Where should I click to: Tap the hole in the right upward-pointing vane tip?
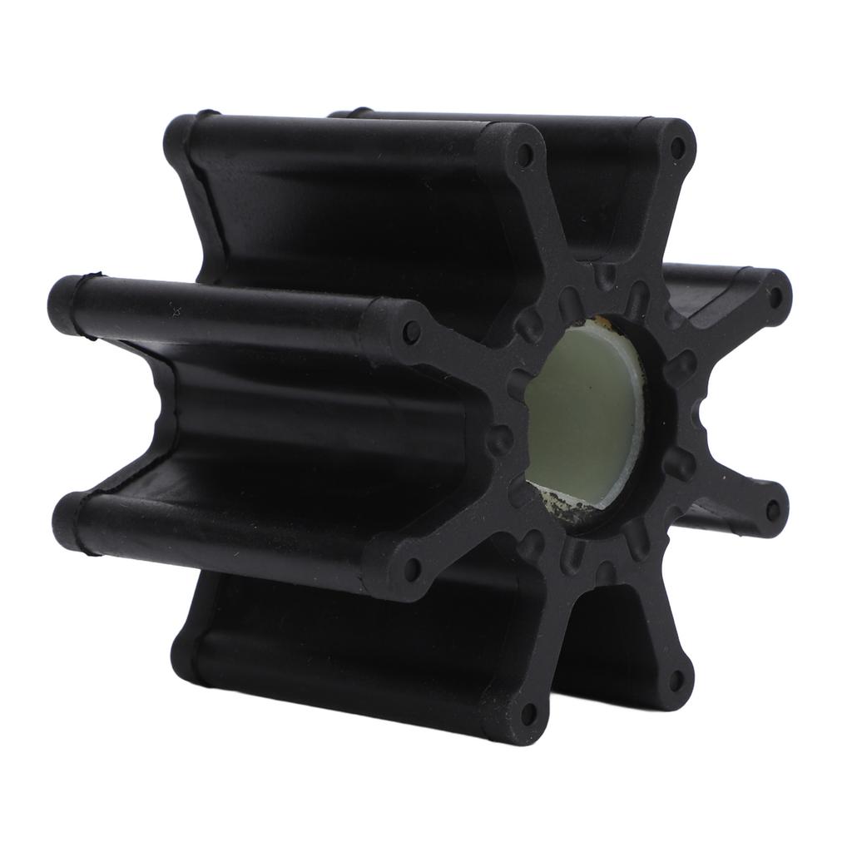[x=677, y=148]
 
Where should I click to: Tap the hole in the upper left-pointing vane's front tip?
[x=409, y=332]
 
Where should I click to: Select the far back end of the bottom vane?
[x=185, y=657]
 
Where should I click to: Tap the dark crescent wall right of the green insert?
[x=657, y=416]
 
